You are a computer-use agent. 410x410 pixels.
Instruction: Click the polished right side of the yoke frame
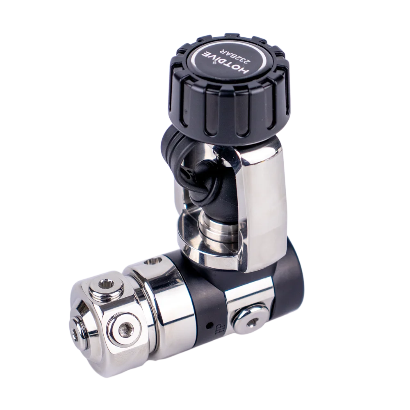click(x=262, y=205)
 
